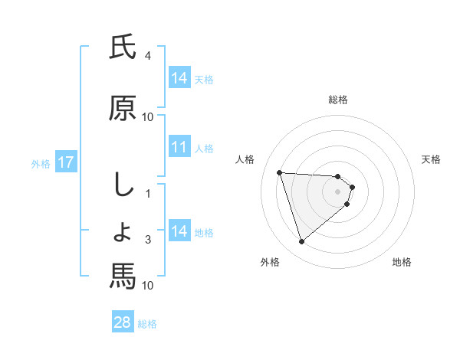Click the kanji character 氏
point(123,49)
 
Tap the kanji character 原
point(123,109)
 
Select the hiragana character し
point(122,185)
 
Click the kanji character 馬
point(123,276)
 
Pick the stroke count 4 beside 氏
point(147,56)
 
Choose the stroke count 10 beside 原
point(148,117)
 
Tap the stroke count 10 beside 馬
point(148,286)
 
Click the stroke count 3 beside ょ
point(148,240)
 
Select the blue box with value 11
point(179,148)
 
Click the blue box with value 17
point(65,162)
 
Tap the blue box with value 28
point(122,322)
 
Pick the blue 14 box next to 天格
point(179,78)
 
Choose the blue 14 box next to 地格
point(179,231)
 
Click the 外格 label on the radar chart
point(270,263)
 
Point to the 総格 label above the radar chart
point(337,100)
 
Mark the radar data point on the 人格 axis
point(280,172)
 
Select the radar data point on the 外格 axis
point(302,242)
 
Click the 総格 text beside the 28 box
point(147,323)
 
